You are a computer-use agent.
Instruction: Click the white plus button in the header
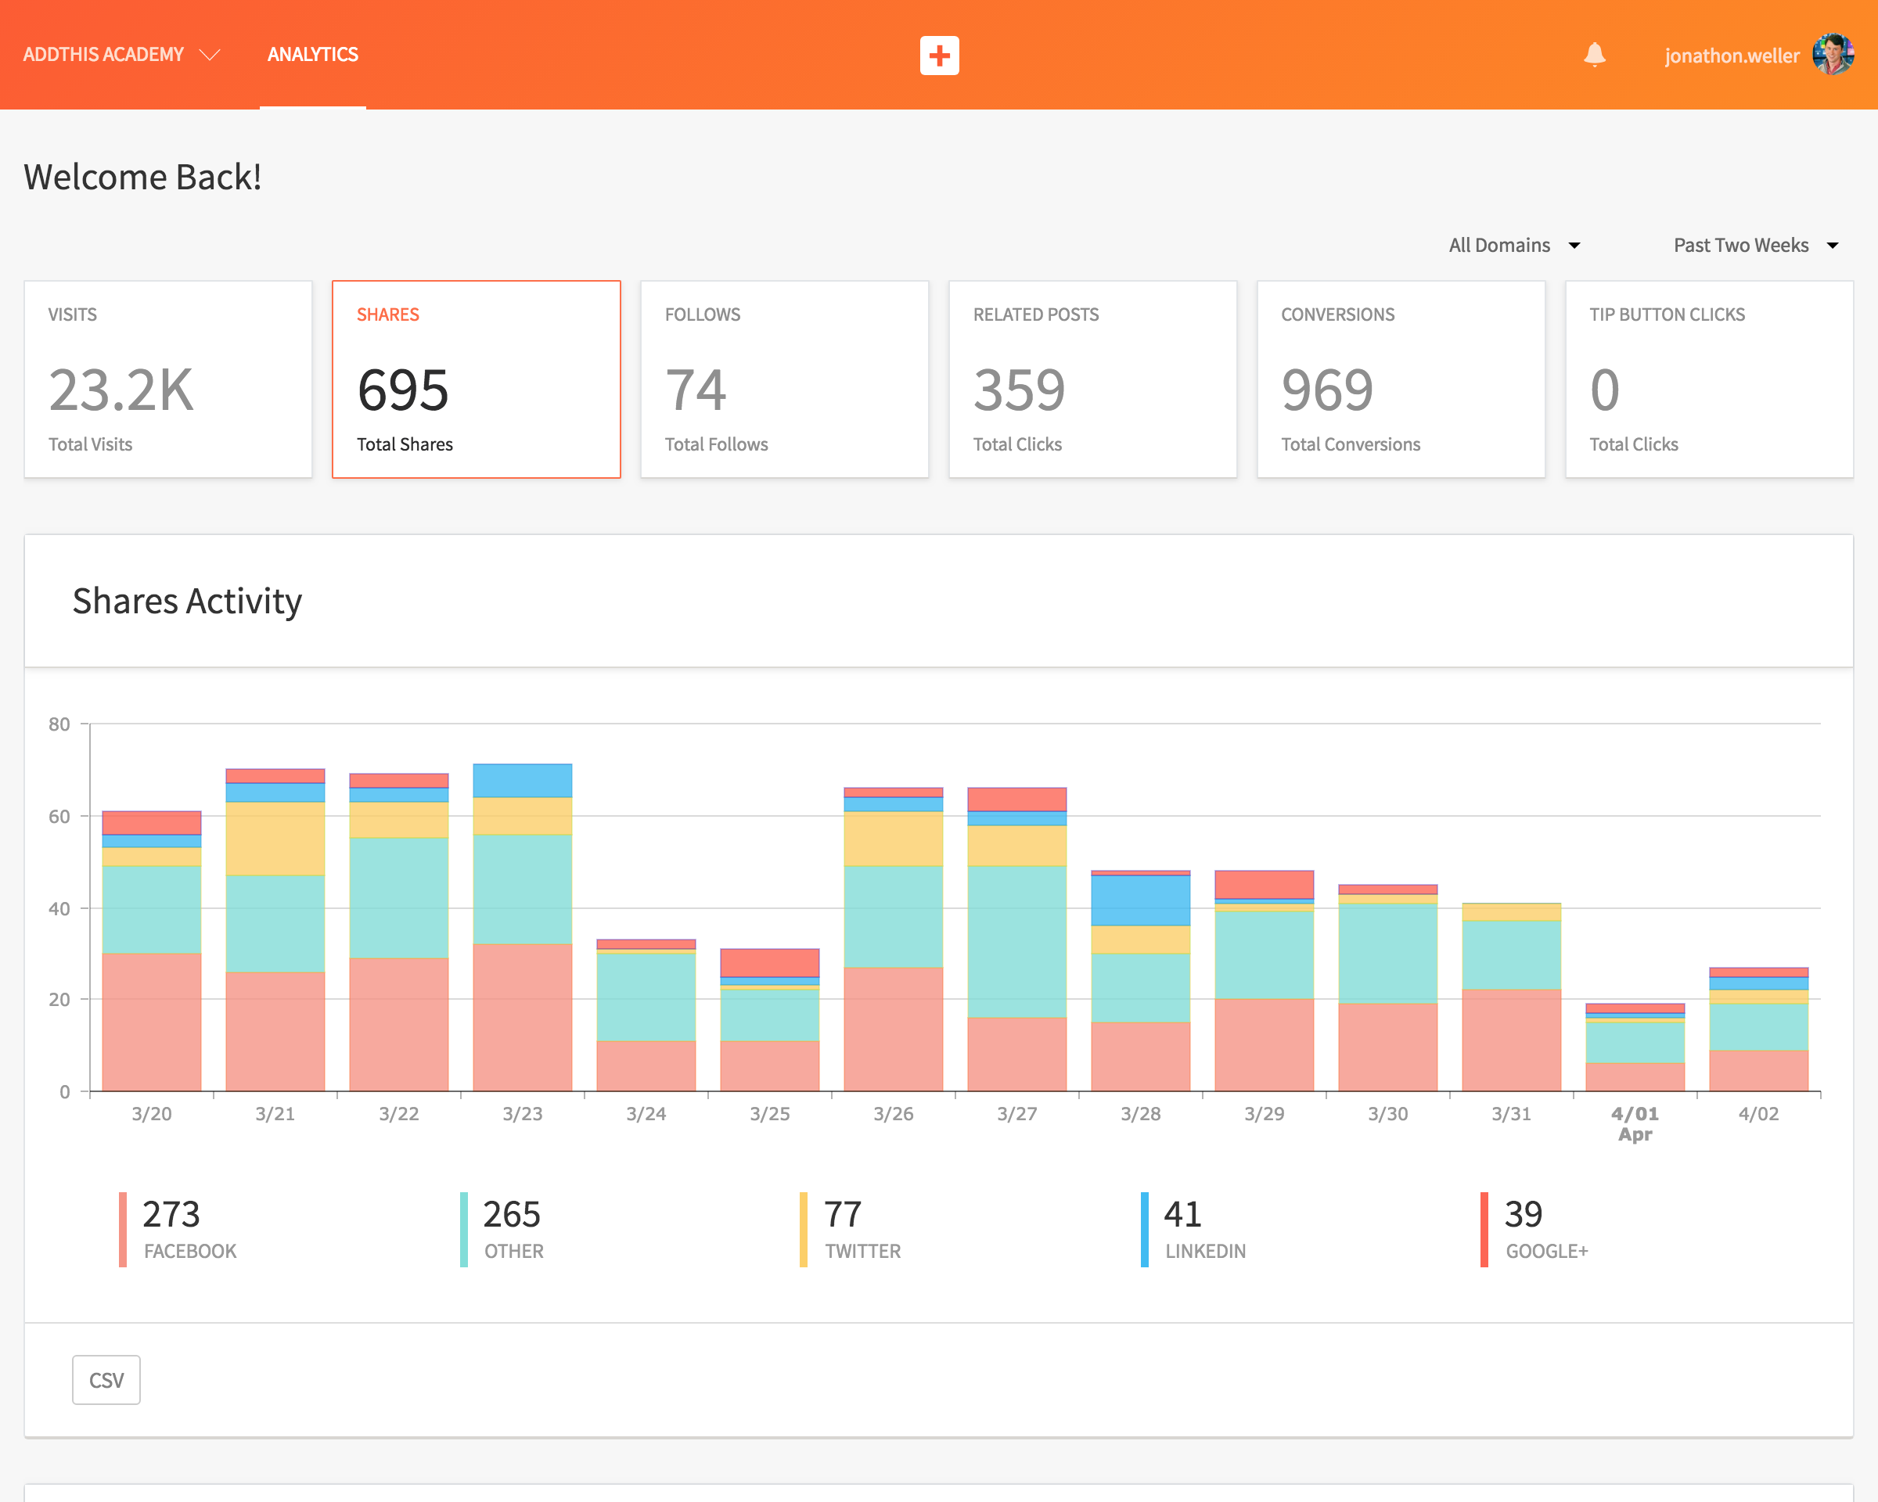(x=939, y=56)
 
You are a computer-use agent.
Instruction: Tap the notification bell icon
(x=1594, y=55)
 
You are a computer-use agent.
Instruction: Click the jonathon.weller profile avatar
(x=1833, y=55)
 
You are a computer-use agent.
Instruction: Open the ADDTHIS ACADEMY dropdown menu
(x=121, y=55)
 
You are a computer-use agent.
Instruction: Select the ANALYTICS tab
(x=313, y=55)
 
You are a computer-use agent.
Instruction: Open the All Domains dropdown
(x=1515, y=246)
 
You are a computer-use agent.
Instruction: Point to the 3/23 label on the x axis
(x=523, y=1114)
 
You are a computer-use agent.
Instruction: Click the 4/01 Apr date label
(x=1635, y=1123)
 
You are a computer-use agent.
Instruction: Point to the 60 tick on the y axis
(x=59, y=816)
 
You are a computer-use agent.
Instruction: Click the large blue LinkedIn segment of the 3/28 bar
(x=1140, y=900)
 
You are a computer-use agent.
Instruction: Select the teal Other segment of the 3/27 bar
(x=1016, y=941)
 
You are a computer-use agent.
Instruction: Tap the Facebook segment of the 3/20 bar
(x=152, y=1022)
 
